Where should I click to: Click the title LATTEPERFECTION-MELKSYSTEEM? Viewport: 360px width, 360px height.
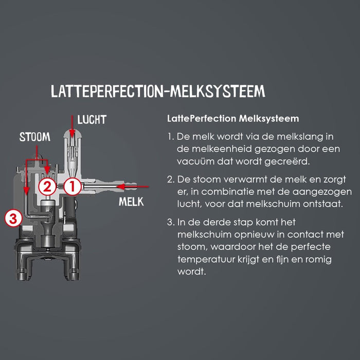pyautogui.click(x=158, y=92)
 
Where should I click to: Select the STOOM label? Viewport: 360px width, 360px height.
pyautogui.click(x=35, y=137)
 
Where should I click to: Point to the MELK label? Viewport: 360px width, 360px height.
pyautogui.click(x=131, y=202)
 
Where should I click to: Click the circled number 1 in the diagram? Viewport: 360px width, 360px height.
pyautogui.click(x=72, y=187)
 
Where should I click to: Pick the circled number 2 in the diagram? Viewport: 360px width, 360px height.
pyautogui.click(x=48, y=187)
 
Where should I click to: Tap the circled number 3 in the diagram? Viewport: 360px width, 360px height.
pyautogui.click(x=13, y=218)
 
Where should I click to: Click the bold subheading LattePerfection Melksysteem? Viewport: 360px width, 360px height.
pyautogui.click(x=233, y=119)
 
